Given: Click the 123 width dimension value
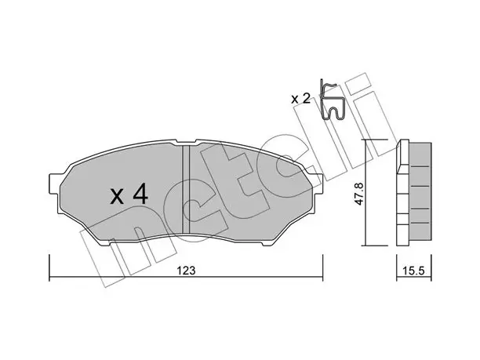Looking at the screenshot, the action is pos(187,271).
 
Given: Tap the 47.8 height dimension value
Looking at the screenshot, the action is pos(358,194).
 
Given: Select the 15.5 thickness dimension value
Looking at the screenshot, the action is pos(414,271).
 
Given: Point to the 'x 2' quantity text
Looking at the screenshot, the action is pos(301,99).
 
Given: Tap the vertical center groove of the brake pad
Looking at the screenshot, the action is pos(186,190).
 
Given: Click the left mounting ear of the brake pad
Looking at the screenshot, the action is pos(54,184).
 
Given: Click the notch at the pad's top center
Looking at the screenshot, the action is pos(186,142).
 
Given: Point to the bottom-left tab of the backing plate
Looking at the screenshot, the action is pos(105,242).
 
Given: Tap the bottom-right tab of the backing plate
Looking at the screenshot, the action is pos(267,242).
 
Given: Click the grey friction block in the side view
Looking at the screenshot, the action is pos(420,191).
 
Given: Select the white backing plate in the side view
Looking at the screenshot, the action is pos(402,193).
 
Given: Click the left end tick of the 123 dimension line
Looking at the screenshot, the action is pos(49,268).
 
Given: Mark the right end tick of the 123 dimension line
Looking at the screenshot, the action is pos(322,268).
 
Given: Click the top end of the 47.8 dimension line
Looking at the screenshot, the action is pos(365,140).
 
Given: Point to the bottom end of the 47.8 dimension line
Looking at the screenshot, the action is pos(365,245).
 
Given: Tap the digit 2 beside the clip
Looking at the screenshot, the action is pos(306,98).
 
